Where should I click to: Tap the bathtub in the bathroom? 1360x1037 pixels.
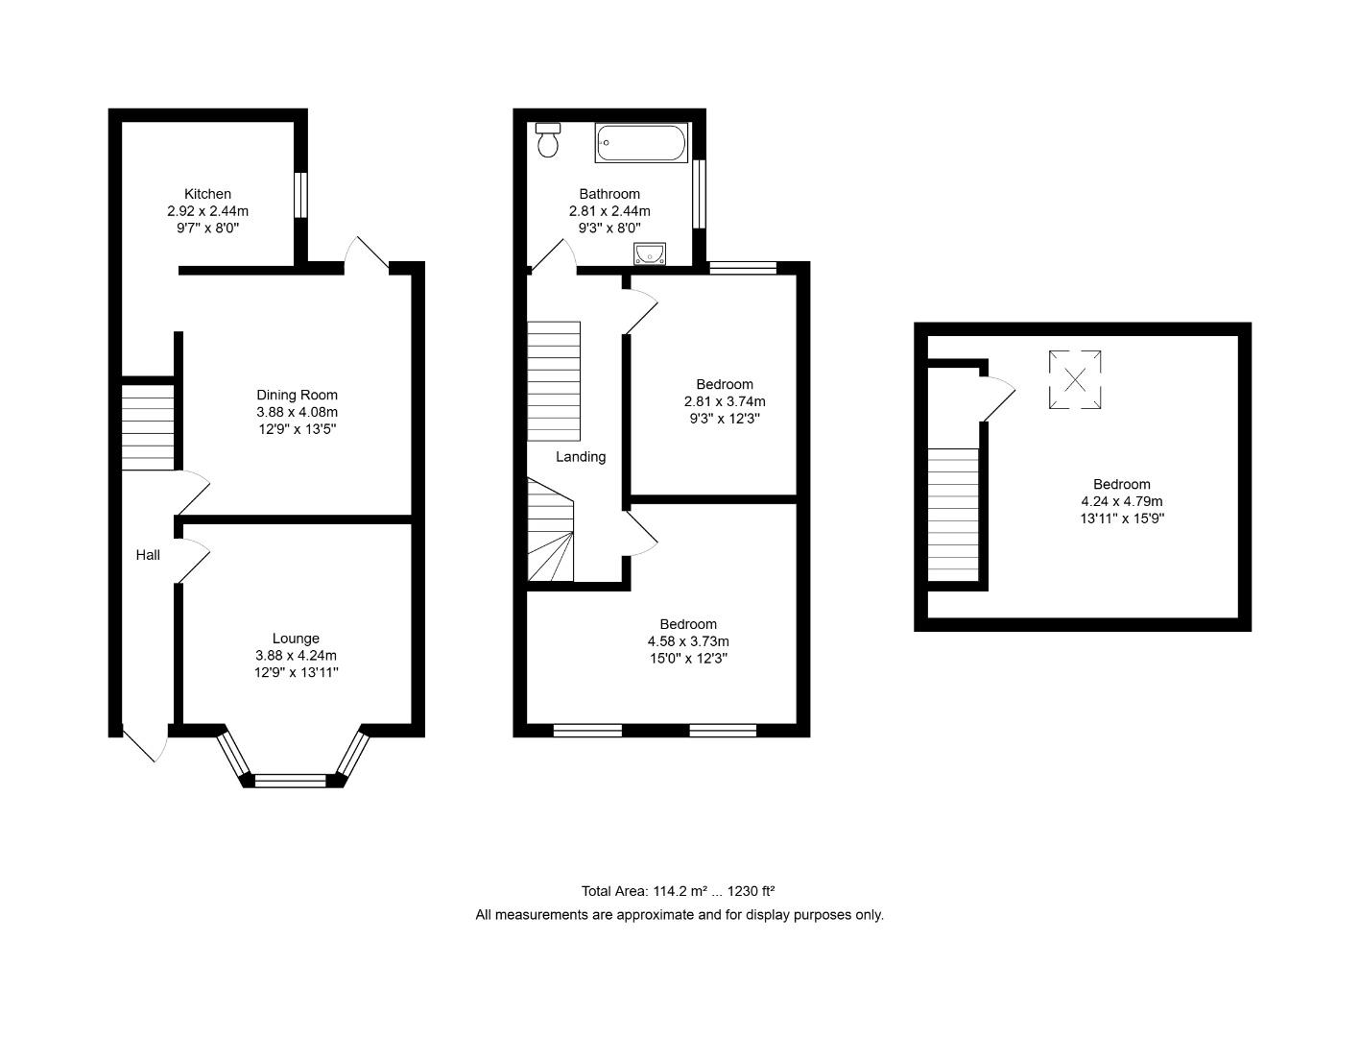pos(641,143)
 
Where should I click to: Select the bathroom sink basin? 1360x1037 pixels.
pos(649,253)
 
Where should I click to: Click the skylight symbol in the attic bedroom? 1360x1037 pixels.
pos(1074,380)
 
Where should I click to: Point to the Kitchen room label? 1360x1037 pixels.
pos(207,194)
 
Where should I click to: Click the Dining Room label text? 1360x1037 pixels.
pos(297,395)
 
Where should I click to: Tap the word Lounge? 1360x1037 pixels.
pos(296,639)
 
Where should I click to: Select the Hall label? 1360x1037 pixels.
pos(148,555)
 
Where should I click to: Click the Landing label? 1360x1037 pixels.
pos(581,457)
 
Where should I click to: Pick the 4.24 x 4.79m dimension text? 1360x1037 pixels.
pos(1121,501)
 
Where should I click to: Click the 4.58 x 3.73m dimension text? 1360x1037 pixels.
pos(688,641)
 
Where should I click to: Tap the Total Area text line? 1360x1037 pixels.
pos(678,891)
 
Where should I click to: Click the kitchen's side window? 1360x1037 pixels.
pos(300,195)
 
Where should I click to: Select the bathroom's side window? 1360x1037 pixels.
pos(700,194)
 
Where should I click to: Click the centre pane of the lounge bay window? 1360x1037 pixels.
pos(290,781)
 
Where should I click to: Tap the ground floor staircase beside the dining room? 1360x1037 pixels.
pos(148,428)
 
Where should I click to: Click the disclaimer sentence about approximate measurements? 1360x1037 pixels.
pos(680,915)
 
